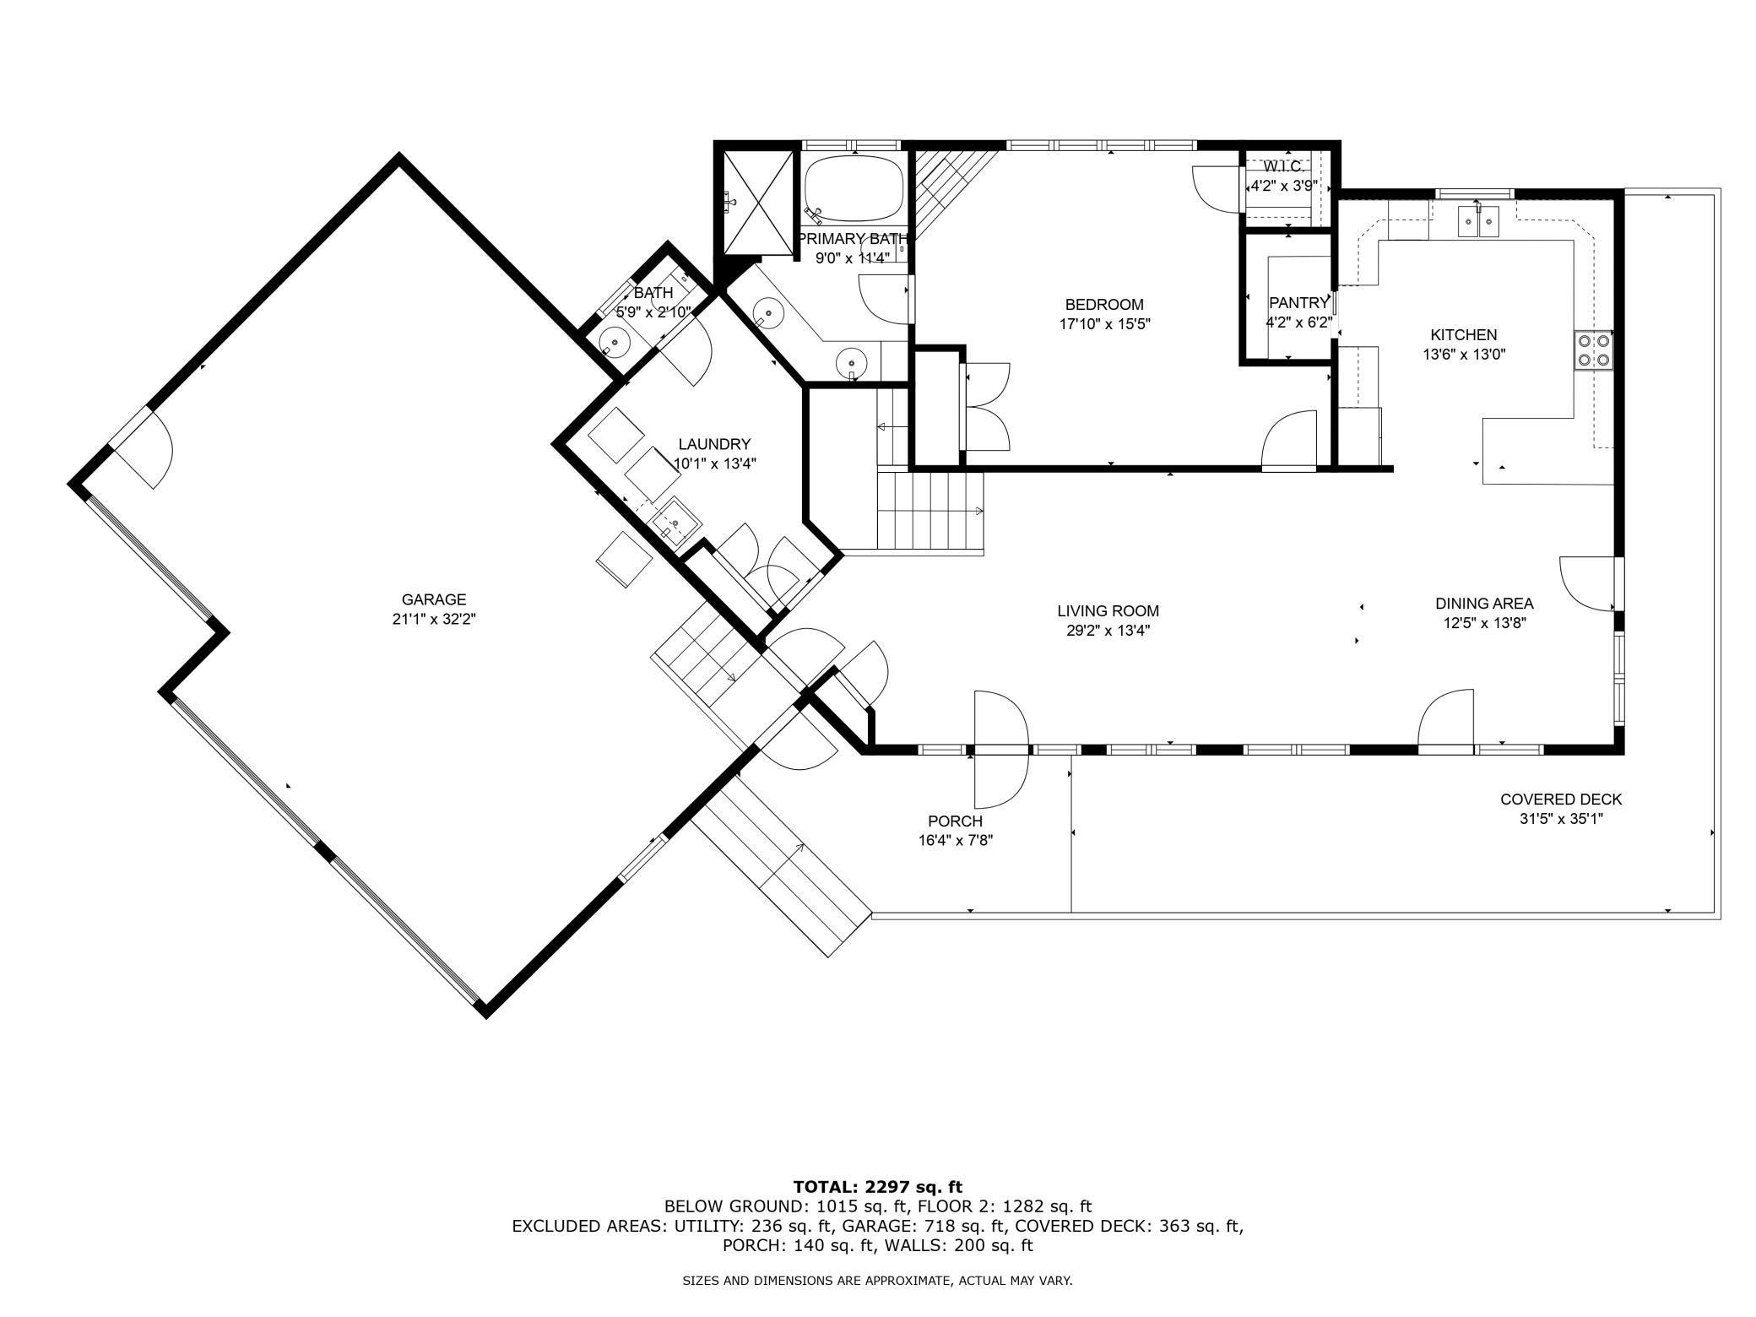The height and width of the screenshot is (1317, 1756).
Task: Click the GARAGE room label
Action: coord(433,599)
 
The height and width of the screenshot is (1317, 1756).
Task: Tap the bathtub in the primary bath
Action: coord(854,187)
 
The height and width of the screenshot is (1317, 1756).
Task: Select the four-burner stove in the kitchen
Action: coord(1594,350)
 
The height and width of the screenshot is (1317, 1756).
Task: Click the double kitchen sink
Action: coord(1477,221)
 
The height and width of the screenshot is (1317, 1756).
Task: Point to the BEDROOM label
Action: coord(1104,305)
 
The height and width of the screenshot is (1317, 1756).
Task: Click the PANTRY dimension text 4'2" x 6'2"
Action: coord(1298,322)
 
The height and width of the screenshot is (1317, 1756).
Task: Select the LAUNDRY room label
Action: coord(714,444)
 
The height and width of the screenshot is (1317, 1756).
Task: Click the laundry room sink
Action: coord(675,523)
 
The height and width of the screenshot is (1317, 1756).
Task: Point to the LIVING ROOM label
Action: coord(1108,611)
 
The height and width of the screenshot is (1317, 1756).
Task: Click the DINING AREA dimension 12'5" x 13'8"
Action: coord(1484,623)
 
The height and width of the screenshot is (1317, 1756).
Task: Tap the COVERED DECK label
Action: coord(1561,799)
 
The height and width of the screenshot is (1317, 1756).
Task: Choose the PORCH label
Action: coord(955,821)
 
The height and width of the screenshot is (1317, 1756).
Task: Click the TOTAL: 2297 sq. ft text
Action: coord(878,1186)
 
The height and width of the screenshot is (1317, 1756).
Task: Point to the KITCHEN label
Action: coord(1463,335)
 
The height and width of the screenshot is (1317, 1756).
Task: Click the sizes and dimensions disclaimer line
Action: coord(877,1280)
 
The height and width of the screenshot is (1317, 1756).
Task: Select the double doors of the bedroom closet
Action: coord(986,405)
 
